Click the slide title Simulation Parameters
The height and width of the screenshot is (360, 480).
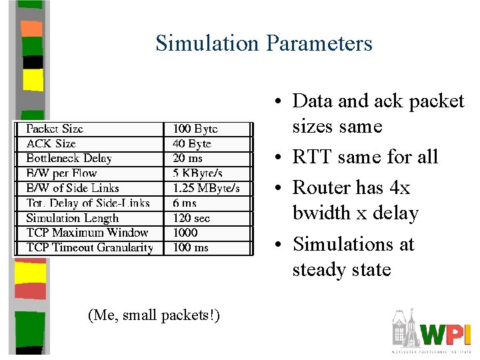coord(263,43)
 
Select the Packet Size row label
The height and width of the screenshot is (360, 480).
coord(55,129)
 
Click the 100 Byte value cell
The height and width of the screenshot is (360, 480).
coord(195,129)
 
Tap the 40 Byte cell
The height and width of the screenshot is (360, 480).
coord(192,143)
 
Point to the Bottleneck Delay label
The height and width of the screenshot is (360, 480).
coord(69,158)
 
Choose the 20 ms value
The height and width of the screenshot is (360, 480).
coord(188,158)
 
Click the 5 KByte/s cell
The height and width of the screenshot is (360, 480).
coord(197,173)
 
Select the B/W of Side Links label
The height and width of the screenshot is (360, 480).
coord(73,188)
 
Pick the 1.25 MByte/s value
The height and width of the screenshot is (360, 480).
coord(206,188)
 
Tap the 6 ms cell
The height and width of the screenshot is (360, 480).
coord(185,203)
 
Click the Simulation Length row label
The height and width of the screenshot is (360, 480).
coord(72,218)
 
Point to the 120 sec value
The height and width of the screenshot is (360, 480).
coord(191,218)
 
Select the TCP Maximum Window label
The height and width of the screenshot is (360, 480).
coord(87,233)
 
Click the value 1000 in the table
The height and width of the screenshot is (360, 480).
coord(185,233)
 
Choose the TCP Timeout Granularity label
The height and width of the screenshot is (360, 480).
coord(89,247)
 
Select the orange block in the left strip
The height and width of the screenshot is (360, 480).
coord(31,28)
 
